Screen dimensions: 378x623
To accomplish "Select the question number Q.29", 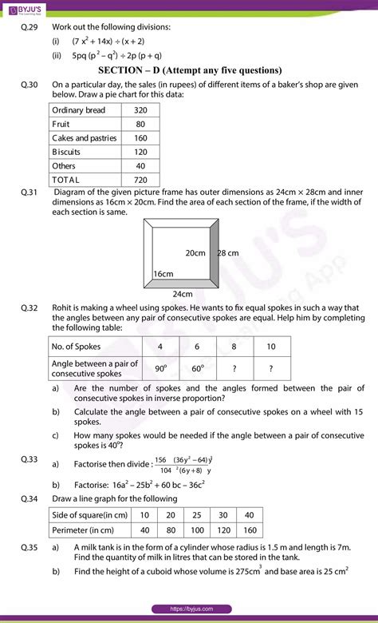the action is [31, 27].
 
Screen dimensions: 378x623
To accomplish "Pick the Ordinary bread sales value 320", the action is [140, 109].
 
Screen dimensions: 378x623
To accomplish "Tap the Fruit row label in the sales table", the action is [61, 124].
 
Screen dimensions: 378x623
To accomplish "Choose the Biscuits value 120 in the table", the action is [140, 152].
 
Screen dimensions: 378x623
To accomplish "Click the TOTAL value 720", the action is [140, 180].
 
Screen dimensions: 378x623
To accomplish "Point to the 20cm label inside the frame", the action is [195, 252].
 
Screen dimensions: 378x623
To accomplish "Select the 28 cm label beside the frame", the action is [229, 252].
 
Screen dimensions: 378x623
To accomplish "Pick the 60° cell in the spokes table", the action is [198, 367].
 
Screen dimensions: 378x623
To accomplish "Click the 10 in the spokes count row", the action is [271, 346].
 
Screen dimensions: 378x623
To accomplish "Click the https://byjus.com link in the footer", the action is [189, 609].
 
